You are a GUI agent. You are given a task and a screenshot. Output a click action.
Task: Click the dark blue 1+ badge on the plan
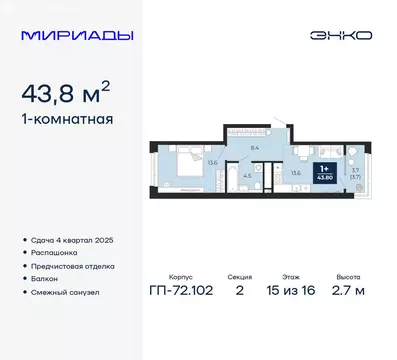[325, 172]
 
